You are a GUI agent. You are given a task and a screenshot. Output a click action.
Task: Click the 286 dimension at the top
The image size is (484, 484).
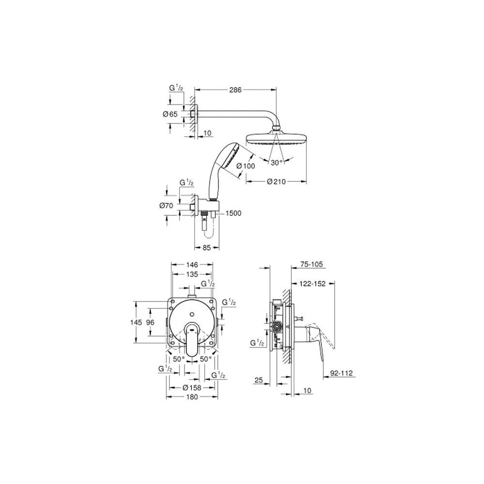pos(235,90)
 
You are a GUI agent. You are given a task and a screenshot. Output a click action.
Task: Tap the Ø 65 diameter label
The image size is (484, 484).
pos(170,114)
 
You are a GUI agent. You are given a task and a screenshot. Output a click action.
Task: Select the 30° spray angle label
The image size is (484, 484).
pos(277,163)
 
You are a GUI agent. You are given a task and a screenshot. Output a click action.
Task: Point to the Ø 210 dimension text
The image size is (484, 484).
pos(276,182)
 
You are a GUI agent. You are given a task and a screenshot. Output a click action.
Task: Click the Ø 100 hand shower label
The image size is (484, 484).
pos(246,166)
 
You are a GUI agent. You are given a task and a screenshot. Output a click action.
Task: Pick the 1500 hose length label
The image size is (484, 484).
pos(233,213)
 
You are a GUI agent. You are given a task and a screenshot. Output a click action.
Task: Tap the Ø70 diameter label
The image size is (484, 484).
pos(166,206)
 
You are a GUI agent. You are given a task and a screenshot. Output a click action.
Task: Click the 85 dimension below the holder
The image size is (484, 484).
pos(207,247)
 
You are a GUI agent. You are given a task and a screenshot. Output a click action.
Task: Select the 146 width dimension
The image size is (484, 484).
pos(192,265)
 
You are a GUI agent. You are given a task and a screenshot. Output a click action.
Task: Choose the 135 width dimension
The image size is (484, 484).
pos(192,274)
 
